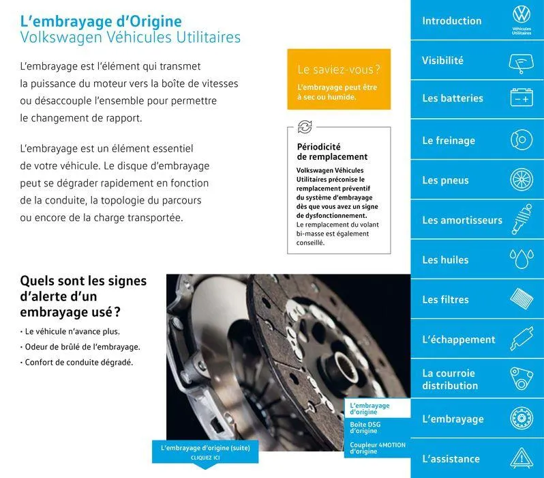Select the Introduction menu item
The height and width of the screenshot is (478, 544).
click(x=451, y=20)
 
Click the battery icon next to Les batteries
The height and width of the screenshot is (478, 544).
click(x=522, y=99)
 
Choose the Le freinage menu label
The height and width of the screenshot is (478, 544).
click(x=448, y=141)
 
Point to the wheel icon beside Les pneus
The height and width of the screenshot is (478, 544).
click(x=522, y=180)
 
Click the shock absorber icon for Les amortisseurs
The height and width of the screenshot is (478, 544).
click(x=522, y=219)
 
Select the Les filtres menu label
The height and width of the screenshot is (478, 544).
click(x=445, y=299)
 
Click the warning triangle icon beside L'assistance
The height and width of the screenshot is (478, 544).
click(x=522, y=458)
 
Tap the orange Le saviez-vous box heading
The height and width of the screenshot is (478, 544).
click(x=339, y=70)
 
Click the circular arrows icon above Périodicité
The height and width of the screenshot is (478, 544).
click(x=305, y=127)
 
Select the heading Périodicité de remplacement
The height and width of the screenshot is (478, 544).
click(x=332, y=152)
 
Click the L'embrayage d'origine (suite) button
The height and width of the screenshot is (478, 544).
click(x=205, y=451)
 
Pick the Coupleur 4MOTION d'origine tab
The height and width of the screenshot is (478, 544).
click(x=377, y=448)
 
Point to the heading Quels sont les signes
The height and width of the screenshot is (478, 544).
click(x=83, y=281)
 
